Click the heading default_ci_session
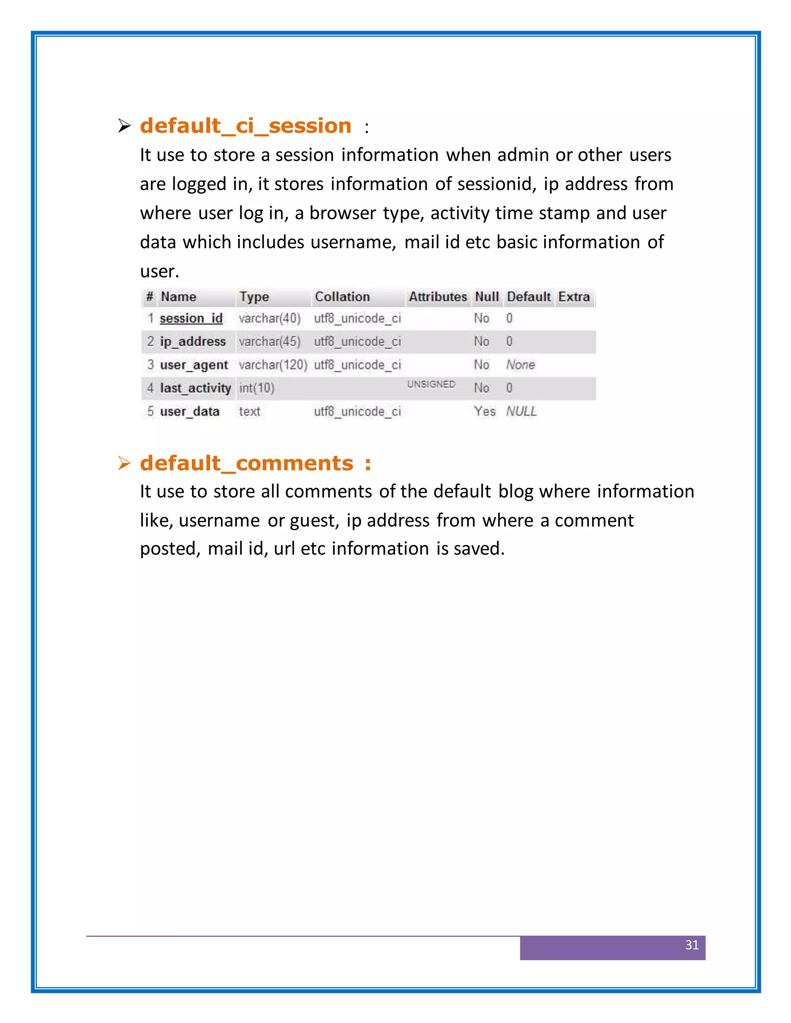246,126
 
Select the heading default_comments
246,463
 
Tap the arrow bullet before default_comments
124,464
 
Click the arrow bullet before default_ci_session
124,126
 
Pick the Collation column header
342,297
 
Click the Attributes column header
438,297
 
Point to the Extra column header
574,297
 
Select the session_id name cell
191,318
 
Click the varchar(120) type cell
273,365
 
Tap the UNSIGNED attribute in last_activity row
431,384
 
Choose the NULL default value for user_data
521,411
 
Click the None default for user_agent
520,365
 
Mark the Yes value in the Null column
485,411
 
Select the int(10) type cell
256,388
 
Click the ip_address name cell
193,342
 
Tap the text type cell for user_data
249,411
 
